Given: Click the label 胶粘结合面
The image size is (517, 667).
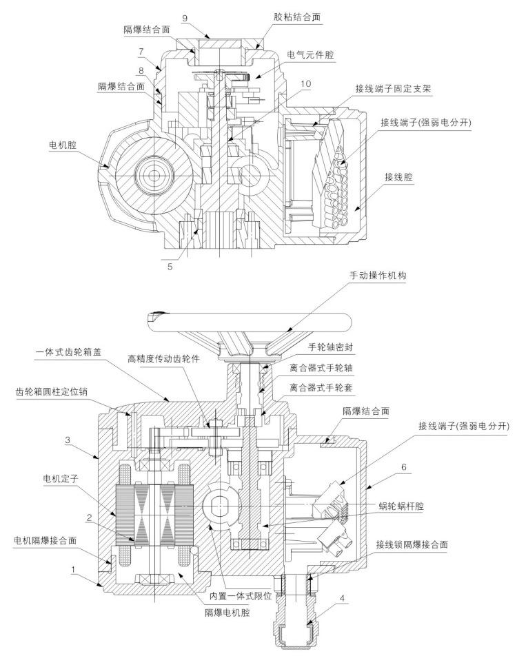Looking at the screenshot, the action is tap(297, 17).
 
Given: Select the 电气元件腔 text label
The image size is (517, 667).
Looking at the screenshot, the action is tap(311, 54).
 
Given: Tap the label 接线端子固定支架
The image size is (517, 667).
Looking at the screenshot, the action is tap(393, 88).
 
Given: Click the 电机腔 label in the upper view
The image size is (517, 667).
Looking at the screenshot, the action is tap(63, 145).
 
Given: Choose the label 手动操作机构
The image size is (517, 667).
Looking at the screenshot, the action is tap(378, 275).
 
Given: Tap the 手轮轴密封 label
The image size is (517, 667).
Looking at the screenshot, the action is tap(330, 347).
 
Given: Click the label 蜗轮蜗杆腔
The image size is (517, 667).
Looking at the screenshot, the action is tap(401, 506).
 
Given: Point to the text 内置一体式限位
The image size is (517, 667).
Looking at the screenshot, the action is tap(241, 595).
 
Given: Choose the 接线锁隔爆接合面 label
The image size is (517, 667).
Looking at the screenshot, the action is tap(412, 544).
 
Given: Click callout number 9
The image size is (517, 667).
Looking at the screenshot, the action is tap(185, 18).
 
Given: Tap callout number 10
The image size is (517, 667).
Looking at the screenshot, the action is tap(305, 83).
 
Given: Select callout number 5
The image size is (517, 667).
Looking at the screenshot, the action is tap(170, 267).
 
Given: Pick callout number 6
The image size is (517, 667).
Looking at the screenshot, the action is tap(404, 467).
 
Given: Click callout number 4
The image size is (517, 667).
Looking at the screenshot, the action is tap(342, 599).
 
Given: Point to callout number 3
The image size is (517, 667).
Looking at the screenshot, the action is tap(68, 440).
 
